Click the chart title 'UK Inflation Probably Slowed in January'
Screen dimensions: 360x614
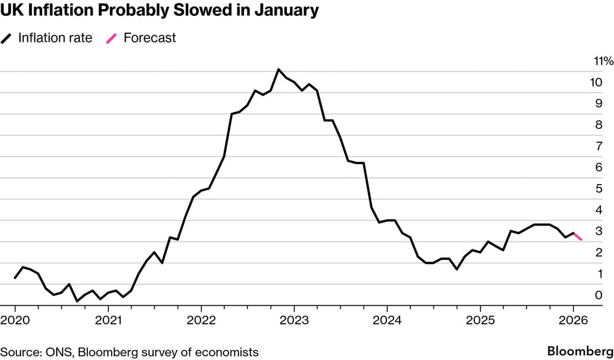click(x=160, y=10)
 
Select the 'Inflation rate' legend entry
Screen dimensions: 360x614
click(x=55, y=38)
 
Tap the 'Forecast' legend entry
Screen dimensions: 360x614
click(x=149, y=38)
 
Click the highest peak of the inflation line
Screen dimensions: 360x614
click(x=278, y=69)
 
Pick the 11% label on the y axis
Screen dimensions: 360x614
click(x=603, y=61)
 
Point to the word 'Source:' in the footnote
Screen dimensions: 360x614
click(x=19, y=352)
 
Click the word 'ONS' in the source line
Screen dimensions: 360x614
click(x=55, y=352)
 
